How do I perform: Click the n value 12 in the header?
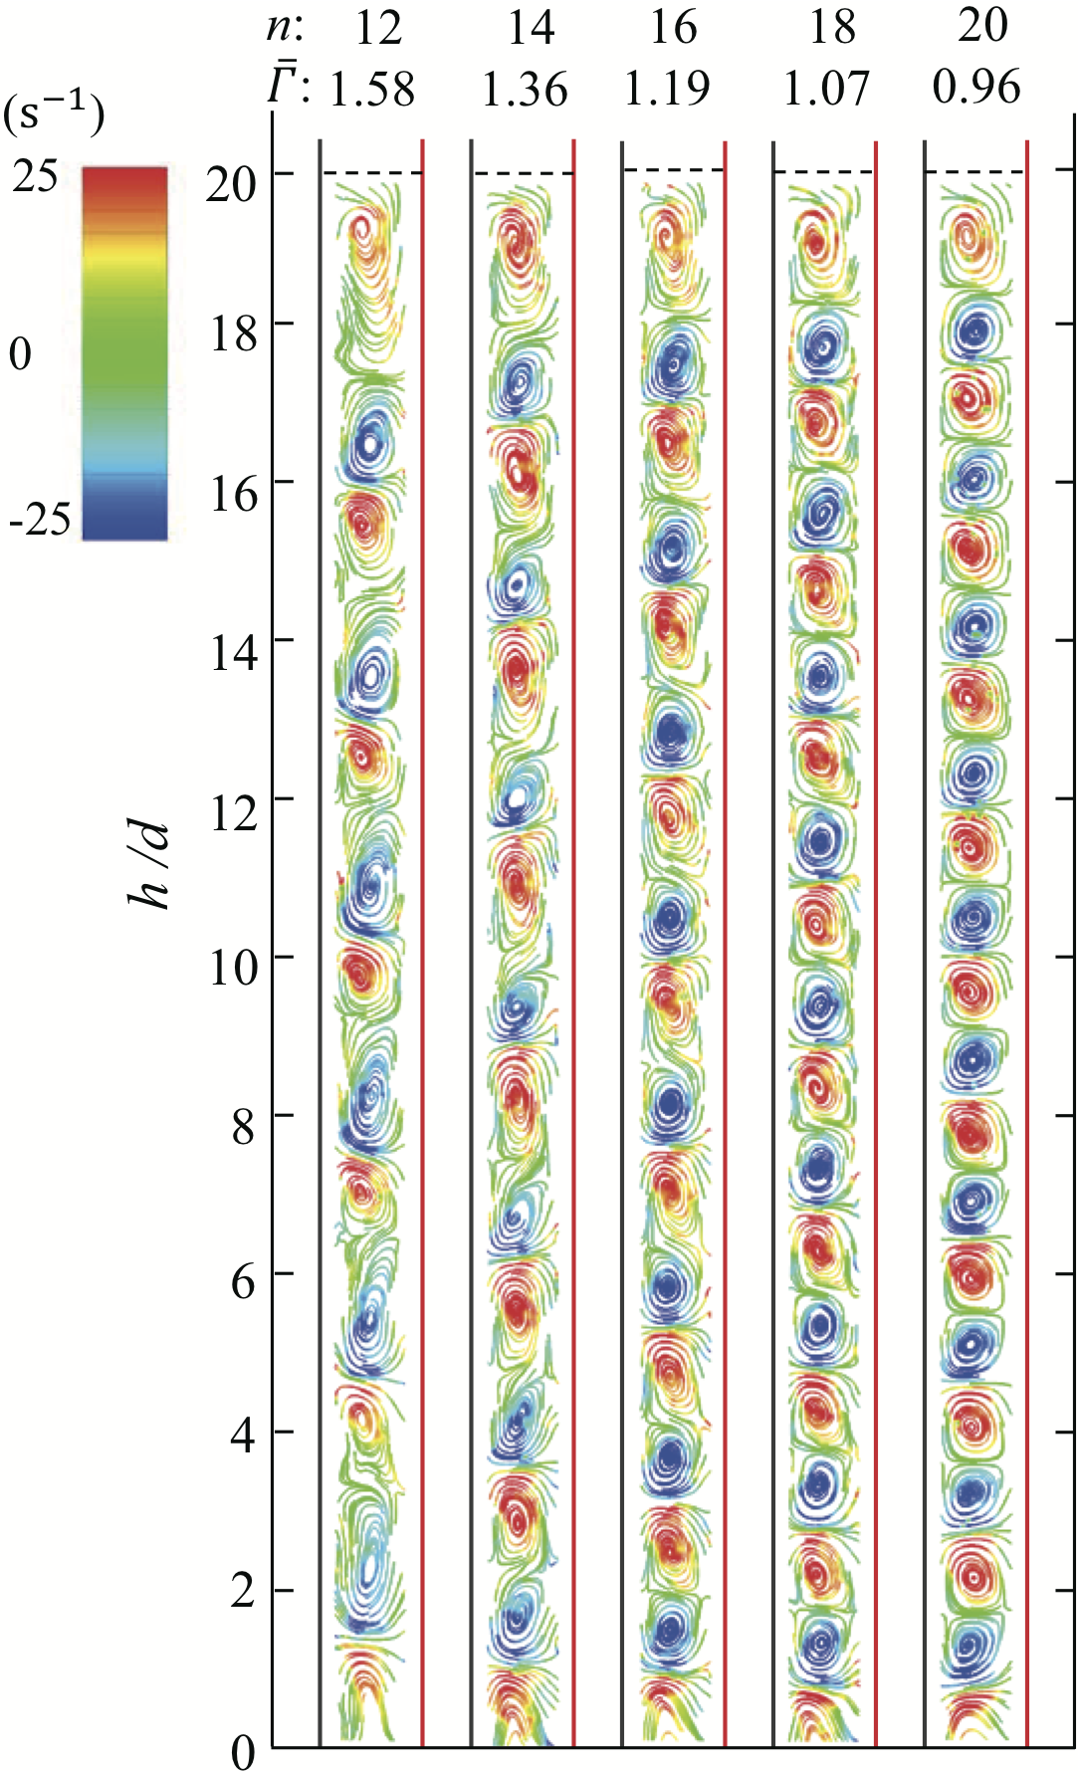point(378,28)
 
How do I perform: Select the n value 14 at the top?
point(531,28)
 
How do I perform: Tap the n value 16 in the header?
point(674,28)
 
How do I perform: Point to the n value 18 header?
point(832,28)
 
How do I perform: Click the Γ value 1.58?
point(372,90)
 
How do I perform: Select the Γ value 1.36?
point(525,90)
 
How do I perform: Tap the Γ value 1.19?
point(667,90)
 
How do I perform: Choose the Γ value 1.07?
point(826,90)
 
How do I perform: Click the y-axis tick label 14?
point(233,652)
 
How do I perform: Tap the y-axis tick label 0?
point(244,1750)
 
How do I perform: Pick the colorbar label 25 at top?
point(36,179)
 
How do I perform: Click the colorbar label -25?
point(40,520)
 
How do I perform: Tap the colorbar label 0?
point(21,354)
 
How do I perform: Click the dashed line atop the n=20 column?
point(974,173)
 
